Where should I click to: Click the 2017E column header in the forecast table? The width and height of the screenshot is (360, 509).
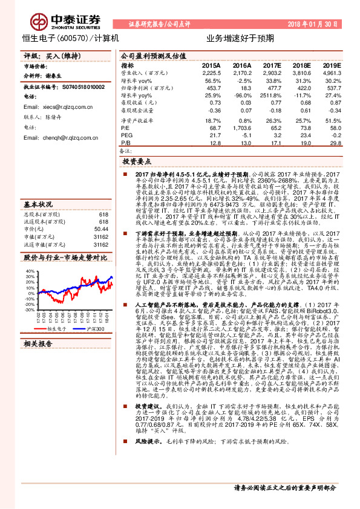pyautogui.click(x=272, y=65)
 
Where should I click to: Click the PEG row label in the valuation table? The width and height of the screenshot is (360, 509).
pyautogui.click(x=126, y=135)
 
